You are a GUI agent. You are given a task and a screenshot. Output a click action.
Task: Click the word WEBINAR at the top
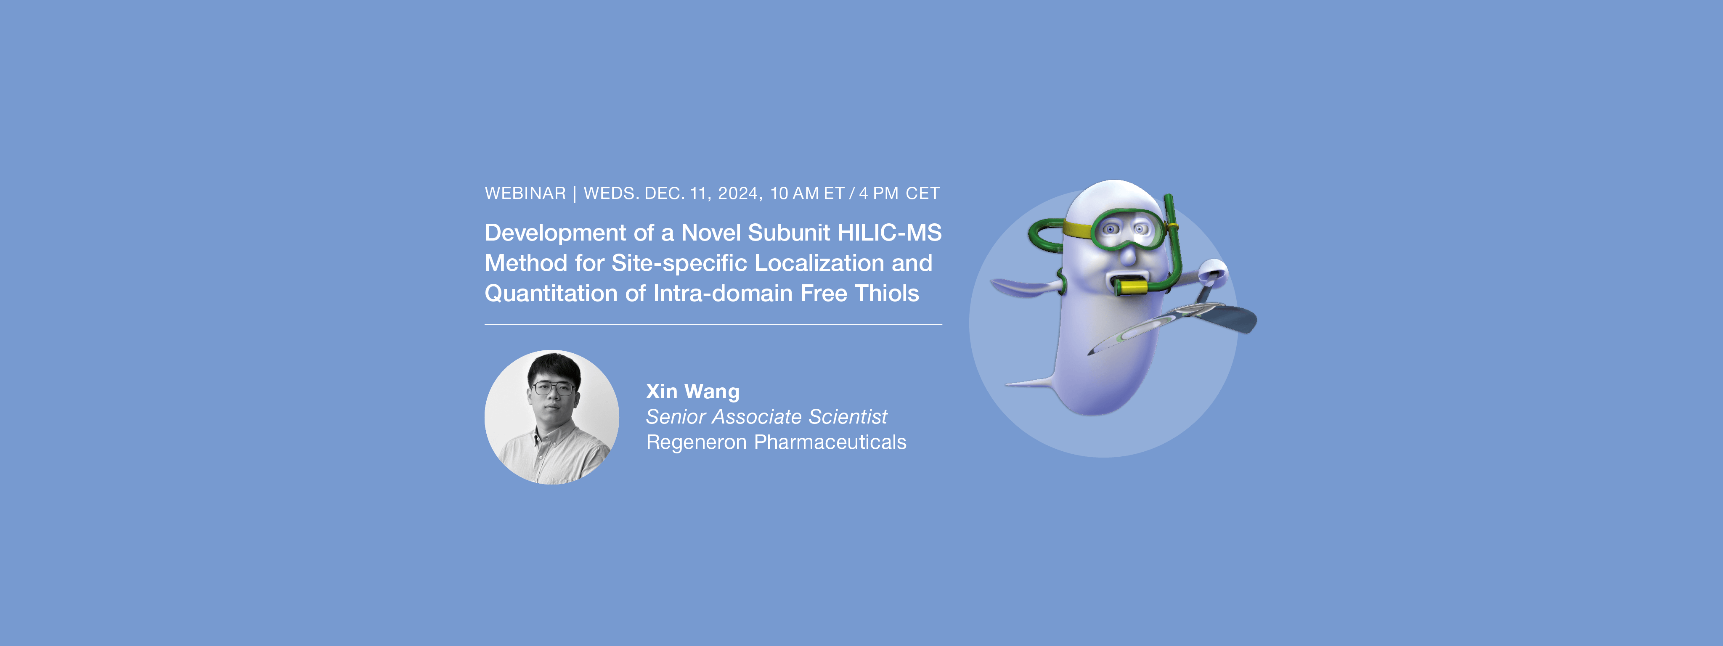[x=525, y=193]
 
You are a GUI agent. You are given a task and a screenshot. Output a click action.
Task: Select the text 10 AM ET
[x=807, y=193]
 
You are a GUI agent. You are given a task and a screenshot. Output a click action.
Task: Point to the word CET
[x=922, y=193]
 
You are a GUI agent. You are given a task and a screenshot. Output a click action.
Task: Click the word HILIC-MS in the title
[x=890, y=233]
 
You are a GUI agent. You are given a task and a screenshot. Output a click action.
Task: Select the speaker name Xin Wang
[x=693, y=391]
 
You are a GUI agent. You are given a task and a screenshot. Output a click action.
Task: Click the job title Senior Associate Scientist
[x=766, y=417]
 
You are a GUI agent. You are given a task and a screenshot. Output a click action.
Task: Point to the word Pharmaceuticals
[x=830, y=442]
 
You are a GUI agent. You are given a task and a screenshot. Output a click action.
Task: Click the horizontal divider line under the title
[x=713, y=324]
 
